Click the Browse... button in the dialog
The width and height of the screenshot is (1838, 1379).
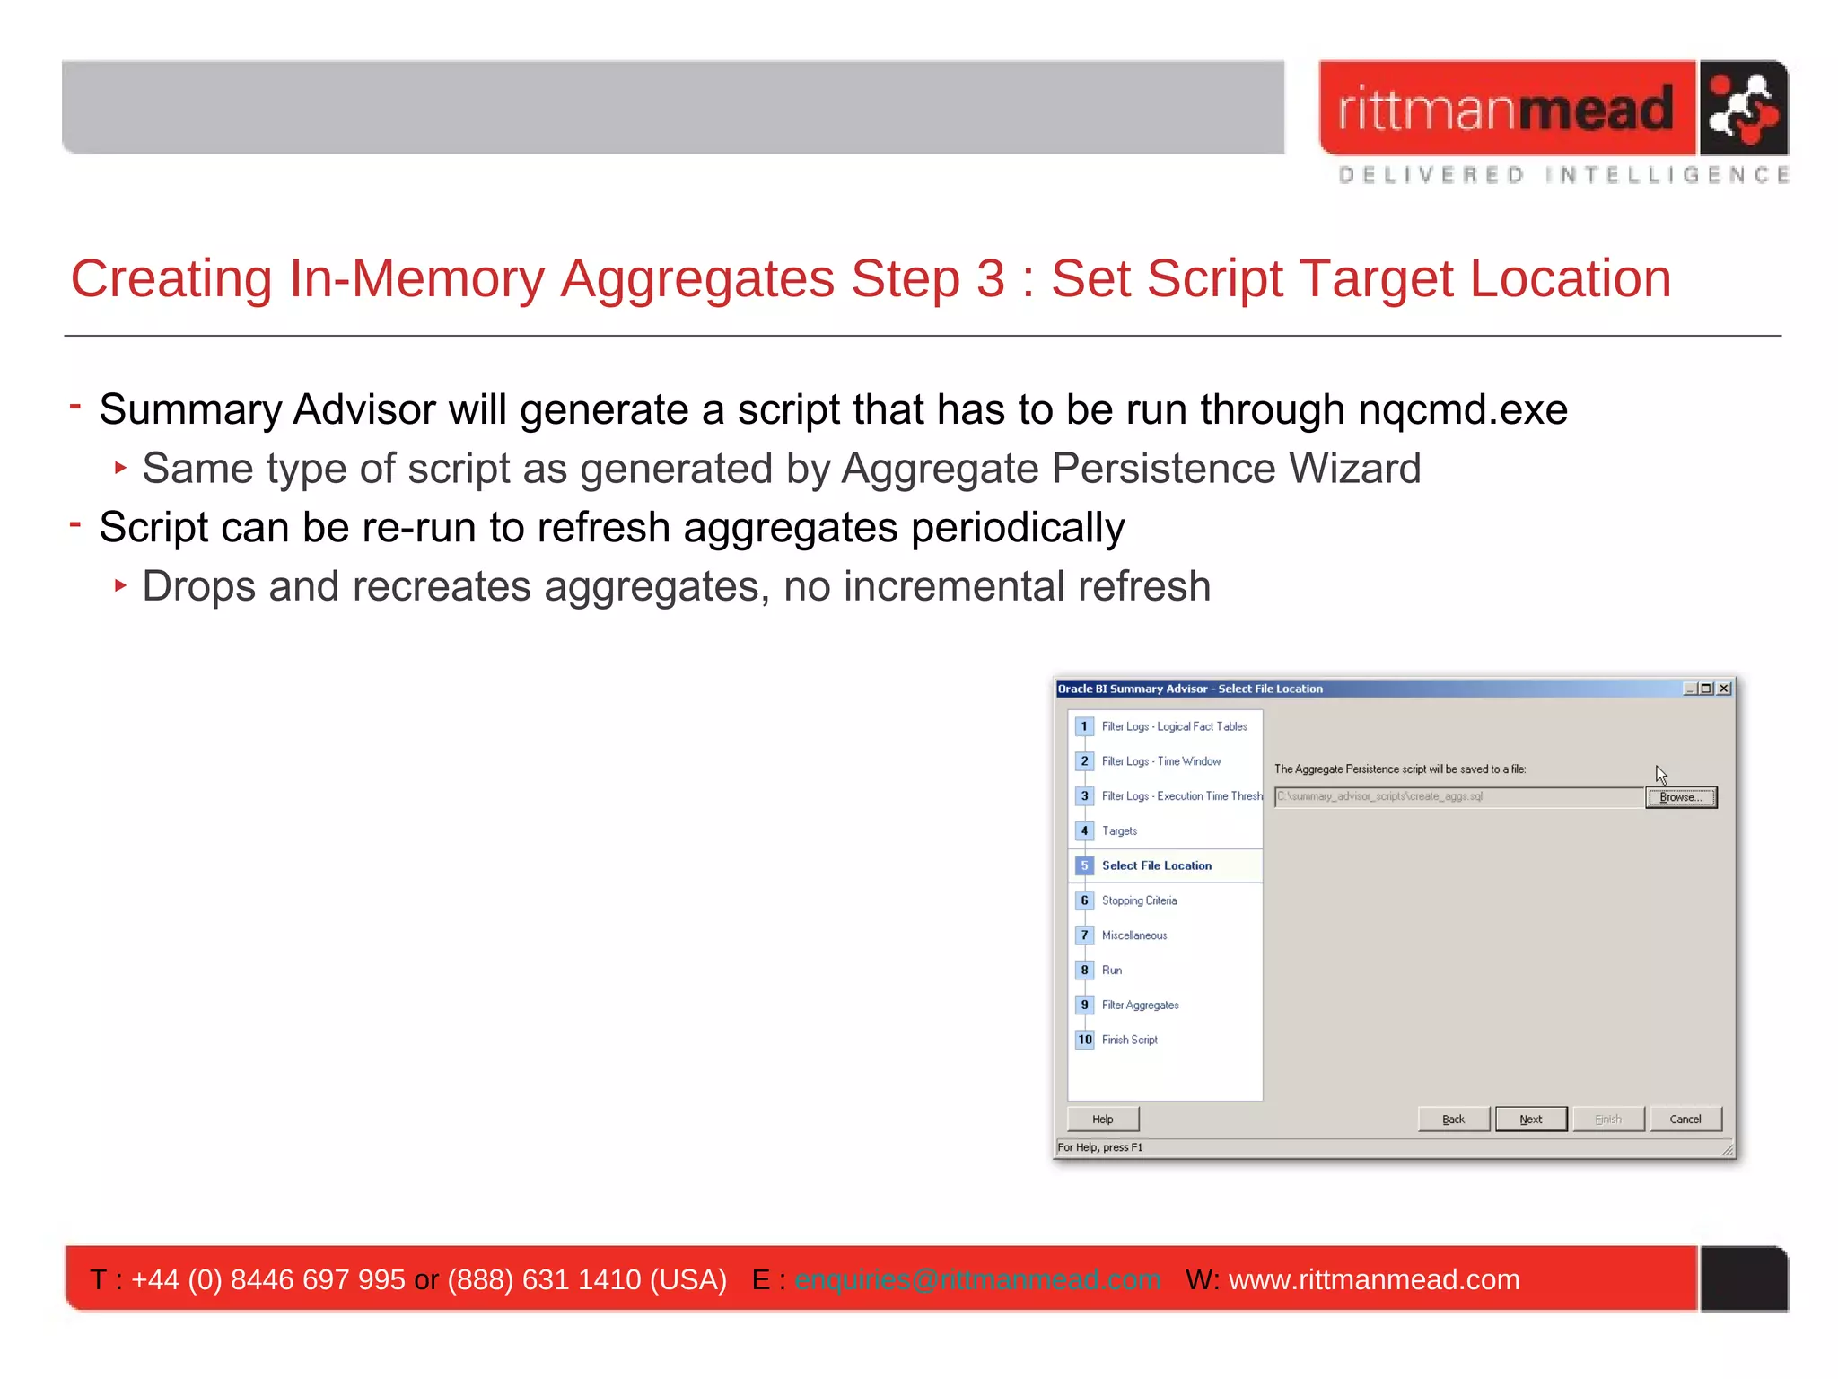coord(1680,797)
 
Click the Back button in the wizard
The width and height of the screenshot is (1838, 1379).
coord(1453,1119)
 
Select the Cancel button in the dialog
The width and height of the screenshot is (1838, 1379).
coord(1685,1119)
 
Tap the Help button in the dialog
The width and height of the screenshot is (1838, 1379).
coord(1102,1119)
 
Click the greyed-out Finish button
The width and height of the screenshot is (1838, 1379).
coord(1607,1119)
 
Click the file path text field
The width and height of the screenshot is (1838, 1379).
coord(1457,796)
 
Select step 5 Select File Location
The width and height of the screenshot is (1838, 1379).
coord(1156,865)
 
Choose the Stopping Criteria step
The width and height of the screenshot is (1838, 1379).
coord(1139,900)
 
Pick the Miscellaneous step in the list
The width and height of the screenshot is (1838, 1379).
coord(1134,935)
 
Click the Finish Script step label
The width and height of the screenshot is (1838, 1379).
coord(1129,1040)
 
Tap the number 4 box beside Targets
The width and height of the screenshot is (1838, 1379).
coord(1084,830)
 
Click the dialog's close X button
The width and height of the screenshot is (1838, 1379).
coord(1724,689)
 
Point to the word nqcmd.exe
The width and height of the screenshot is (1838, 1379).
coord(1462,410)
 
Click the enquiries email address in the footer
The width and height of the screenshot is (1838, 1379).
coord(977,1279)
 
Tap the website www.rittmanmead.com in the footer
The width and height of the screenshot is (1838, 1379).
coord(1373,1279)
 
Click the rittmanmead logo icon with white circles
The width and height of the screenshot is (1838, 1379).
coord(1742,109)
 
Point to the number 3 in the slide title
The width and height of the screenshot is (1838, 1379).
coord(990,279)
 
